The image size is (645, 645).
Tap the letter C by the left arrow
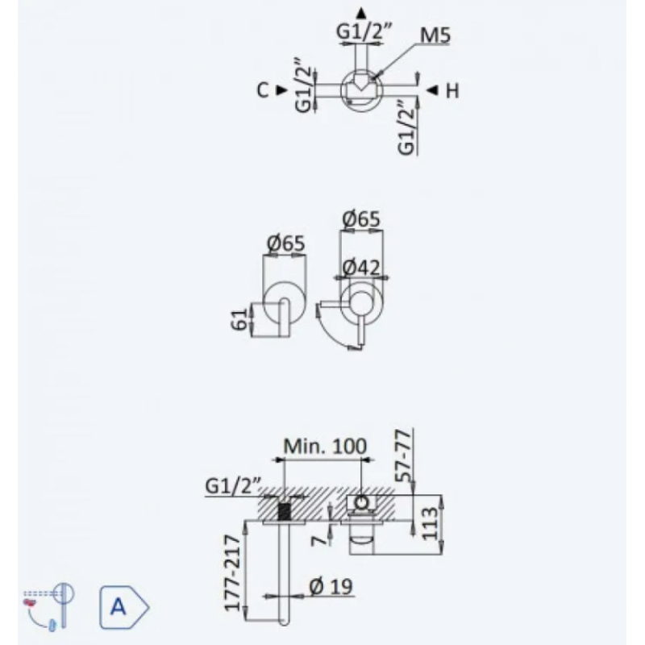[x=263, y=90]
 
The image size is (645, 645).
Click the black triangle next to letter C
[x=281, y=90]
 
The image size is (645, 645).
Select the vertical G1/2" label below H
[x=406, y=127]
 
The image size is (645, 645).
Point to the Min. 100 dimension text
[x=325, y=446]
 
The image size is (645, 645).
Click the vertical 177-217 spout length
[x=231, y=576]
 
